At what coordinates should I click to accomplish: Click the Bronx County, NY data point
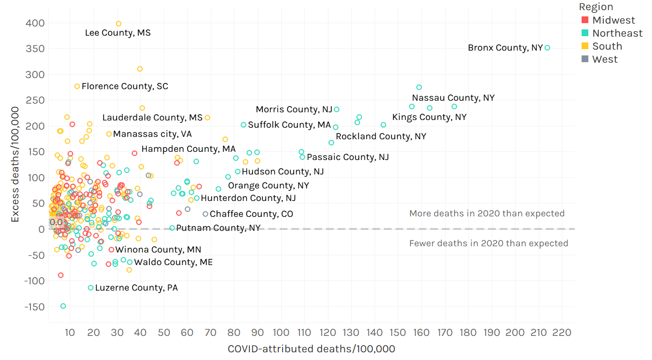547,48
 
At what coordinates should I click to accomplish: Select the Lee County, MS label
118,33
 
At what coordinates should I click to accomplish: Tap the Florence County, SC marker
77,86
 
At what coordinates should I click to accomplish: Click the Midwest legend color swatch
585,20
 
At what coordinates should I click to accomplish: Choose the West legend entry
605,59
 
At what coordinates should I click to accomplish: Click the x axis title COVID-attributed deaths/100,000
311,349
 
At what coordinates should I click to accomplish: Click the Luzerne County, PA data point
91,288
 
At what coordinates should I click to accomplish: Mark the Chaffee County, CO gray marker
205,214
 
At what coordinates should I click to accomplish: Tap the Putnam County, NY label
218,228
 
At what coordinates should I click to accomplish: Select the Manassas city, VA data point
109,134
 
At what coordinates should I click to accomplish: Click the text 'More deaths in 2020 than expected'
487,213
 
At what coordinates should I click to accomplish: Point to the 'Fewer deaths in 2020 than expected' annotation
489,243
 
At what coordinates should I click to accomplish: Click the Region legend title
596,7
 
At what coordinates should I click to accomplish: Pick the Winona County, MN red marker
111,250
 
